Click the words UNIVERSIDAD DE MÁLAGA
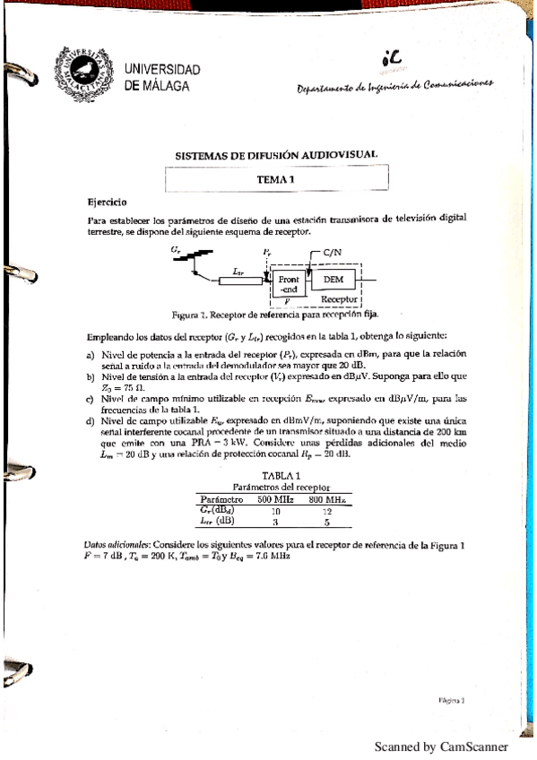coord(162,77)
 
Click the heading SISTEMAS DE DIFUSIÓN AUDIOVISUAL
coord(276,154)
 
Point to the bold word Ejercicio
coord(107,203)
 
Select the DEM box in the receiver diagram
coord(333,280)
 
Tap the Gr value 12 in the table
coord(327,509)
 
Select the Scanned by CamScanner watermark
coord(440,747)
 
